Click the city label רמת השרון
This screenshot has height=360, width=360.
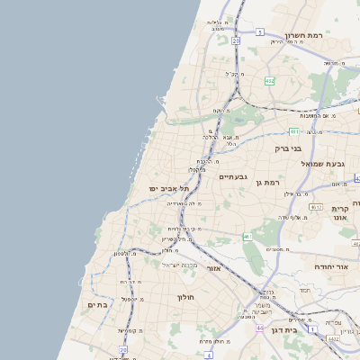coord(304,36)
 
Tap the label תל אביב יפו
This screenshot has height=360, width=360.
coord(170,187)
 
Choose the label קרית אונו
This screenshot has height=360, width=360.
coord(339,213)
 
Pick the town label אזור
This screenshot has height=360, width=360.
coord(213,268)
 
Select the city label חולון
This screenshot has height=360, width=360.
coord(185,297)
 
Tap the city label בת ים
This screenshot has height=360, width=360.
coord(97,306)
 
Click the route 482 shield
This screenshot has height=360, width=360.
coord(269,81)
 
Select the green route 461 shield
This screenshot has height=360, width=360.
coord(247,237)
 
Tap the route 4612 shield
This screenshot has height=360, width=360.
coord(316,206)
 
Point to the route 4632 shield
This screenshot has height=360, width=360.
coord(334,338)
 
